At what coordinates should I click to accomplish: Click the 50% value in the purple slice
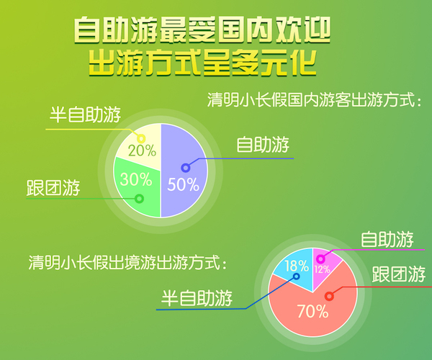click(x=183, y=184)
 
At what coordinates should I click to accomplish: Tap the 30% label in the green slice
click(x=136, y=179)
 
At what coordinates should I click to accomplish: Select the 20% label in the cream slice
click(x=142, y=150)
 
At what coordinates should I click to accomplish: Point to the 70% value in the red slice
click(x=313, y=312)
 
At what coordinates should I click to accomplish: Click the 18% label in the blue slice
click(x=297, y=266)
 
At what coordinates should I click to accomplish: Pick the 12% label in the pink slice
click(x=322, y=269)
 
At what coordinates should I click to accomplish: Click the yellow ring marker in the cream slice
click(x=141, y=138)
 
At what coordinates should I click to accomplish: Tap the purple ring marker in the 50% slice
click(x=186, y=168)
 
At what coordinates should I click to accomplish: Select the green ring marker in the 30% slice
click(x=140, y=198)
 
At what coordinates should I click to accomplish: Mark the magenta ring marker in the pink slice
click(x=320, y=258)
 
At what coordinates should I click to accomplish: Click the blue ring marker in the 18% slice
click(x=297, y=276)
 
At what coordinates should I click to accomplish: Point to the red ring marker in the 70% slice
click(x=329, y=296)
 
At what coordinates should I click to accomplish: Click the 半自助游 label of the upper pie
click(x=85, y=114)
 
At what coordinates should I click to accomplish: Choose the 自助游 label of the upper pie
click(x=263, y=144)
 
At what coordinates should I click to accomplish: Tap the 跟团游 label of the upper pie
click(x=53, y=188)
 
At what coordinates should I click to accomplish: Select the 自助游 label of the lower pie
click(x=387, y=239)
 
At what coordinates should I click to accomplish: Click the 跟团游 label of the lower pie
click(x=399, y=274)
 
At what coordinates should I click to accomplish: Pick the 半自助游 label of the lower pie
click(x=197, y=298)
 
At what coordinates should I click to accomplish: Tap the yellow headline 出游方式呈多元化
click(x=202, y=63)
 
